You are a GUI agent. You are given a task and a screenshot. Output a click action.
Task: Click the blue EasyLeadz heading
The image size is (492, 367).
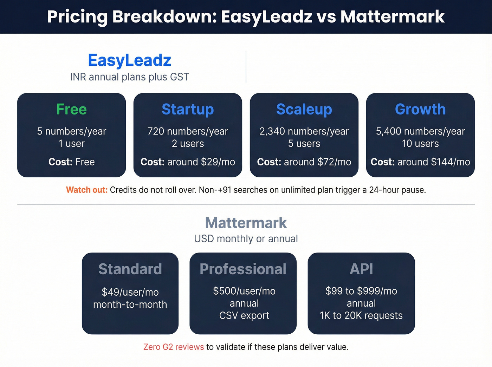point(129,60)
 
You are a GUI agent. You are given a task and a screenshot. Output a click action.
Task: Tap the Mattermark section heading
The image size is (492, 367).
point(246,223)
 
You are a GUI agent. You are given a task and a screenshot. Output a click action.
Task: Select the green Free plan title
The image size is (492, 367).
point(71,109)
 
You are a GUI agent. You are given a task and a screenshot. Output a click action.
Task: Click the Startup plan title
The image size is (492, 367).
point(188,109)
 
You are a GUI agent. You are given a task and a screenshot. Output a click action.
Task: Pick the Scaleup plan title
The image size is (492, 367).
point(304,109)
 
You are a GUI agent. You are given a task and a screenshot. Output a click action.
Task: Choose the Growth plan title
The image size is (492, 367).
point(420,109)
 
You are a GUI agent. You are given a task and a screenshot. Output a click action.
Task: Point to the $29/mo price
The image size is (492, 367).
point(218,162)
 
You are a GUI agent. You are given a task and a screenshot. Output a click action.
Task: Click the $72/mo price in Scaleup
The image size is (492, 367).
point(334,162)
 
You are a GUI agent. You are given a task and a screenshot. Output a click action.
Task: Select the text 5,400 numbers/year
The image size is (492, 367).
point(420,131)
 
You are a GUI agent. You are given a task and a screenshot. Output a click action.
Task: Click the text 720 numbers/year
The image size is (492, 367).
point(188,131)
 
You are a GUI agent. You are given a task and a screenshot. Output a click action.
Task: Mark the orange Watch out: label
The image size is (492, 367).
point(87,190)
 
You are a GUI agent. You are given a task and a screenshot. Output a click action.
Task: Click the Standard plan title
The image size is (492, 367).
point(130,269)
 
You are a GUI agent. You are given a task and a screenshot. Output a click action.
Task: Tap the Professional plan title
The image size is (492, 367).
point(243,269)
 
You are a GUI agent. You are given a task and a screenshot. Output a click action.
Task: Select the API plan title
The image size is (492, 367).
point(361,269)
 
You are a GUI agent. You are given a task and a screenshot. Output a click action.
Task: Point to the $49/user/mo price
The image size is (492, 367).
point(130,292)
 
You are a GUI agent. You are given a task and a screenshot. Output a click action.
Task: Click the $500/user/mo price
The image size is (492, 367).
point(244,291)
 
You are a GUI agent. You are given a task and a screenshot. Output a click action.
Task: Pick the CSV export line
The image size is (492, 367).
point(244,316)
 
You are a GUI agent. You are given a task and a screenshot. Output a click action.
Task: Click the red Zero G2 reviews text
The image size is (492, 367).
point(174,347)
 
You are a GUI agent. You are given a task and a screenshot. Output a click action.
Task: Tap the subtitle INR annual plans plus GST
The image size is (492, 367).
point(129,77)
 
